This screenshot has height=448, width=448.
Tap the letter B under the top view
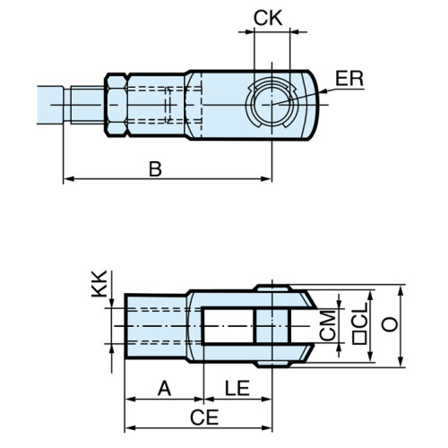(155, 168)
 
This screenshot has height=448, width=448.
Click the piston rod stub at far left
(52, 104)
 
